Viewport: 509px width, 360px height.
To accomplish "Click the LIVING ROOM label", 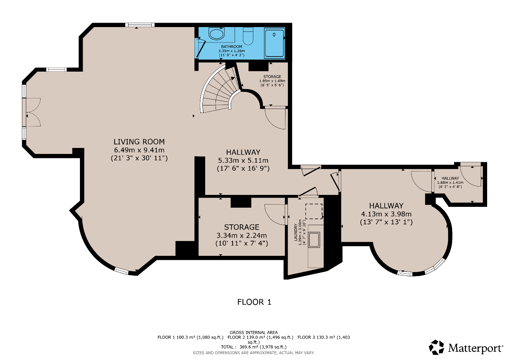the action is pyautogui.click(x=139, y=142).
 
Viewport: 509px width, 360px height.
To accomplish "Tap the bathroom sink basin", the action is pyautogui.click(x=217, y=34).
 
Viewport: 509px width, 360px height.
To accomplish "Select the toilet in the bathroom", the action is pyautogui.click(x=248, y=36).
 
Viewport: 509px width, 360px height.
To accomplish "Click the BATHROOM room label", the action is pyautogui.click(x=231, y=47).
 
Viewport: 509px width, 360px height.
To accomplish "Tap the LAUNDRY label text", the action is pyautogui.click(x=295, y=232).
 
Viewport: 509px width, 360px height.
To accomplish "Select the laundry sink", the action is pyautogui.click(x=314, y=240).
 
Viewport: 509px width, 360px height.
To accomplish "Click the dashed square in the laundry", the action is pyautogui.click(x=314, y=211).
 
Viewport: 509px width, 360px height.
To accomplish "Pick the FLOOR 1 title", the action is pyautogui.click(x=254, y=302).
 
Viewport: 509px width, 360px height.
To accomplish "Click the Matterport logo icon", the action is pyautogui.click(x=436, y=347).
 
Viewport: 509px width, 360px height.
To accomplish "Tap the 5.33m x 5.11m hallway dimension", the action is pyautogui.click(x=243, y=160).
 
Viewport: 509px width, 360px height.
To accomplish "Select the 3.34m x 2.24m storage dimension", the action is pyautogui.click(x=242, y=235).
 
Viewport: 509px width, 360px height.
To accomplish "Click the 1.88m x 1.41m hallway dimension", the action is pyautogui.click(x=450, y=183).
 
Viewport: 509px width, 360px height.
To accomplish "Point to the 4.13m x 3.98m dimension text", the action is pyautogui.click(x=386, y=214).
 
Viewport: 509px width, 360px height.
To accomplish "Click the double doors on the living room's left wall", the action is pyautogui.click(x=33, y=112).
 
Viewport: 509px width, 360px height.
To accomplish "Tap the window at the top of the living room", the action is pyautogui.click(x=140, y=25).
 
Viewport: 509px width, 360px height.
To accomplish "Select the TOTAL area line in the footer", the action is pyautogui.click(x=254, y=347).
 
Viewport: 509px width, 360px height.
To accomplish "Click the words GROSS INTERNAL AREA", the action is pyautogui.click(x=254, y=333).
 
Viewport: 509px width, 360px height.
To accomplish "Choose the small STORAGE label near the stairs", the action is pyautogui.click(x=272, y=77).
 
